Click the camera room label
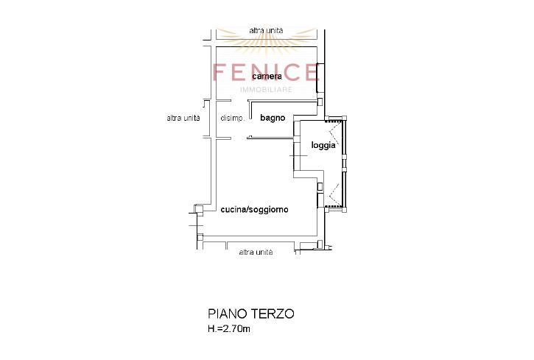point(267,77)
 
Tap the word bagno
point(273,118)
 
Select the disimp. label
point(233,119)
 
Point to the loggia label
point(323,145)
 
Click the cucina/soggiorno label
point(254,209)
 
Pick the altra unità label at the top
point(266,31)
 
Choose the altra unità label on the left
point(183,118)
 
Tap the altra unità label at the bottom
point(256,252)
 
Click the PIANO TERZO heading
point(251,314)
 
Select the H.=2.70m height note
point(229,329)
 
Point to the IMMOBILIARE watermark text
point(267,90)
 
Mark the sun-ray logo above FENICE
point(267,40)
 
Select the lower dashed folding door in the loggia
point(334,194)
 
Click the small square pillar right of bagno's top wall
point(320,102)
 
